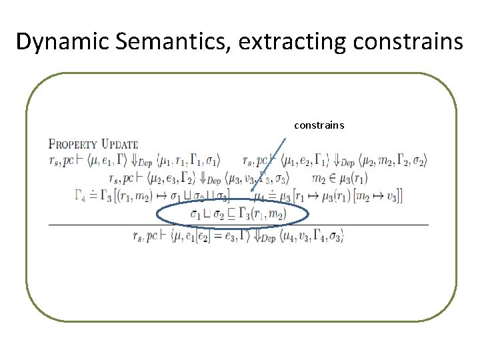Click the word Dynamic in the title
[62, 42]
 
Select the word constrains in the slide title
[408, 42]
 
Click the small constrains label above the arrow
[319, 125]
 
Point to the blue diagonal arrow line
[269, 164]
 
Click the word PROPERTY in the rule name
[73, 144]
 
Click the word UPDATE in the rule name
[119, 144]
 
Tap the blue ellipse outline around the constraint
[158, 215]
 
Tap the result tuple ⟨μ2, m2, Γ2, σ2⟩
[393, 161]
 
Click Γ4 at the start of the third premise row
[81, 196]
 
